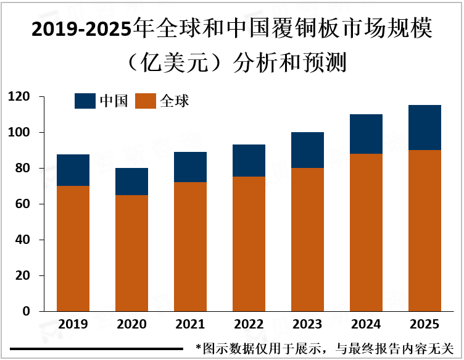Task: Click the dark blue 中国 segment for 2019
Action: coord(73,170)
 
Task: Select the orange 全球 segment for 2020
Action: coord(131,253)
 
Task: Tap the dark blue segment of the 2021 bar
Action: coord(190,167)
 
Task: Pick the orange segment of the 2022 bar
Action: coord(249,244)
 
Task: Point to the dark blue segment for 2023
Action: coord(308,150)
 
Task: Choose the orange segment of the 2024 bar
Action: coord(367,232)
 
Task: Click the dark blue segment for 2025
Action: coord(425,128)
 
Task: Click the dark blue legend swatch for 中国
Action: coord(85,101)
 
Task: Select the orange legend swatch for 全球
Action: coord(146,101)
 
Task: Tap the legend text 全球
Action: coord(175,101)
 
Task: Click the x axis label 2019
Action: coord(73,325)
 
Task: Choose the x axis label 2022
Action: coord(249,325)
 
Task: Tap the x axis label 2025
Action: coord(425,325)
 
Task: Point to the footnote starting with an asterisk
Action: coord(324,349)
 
